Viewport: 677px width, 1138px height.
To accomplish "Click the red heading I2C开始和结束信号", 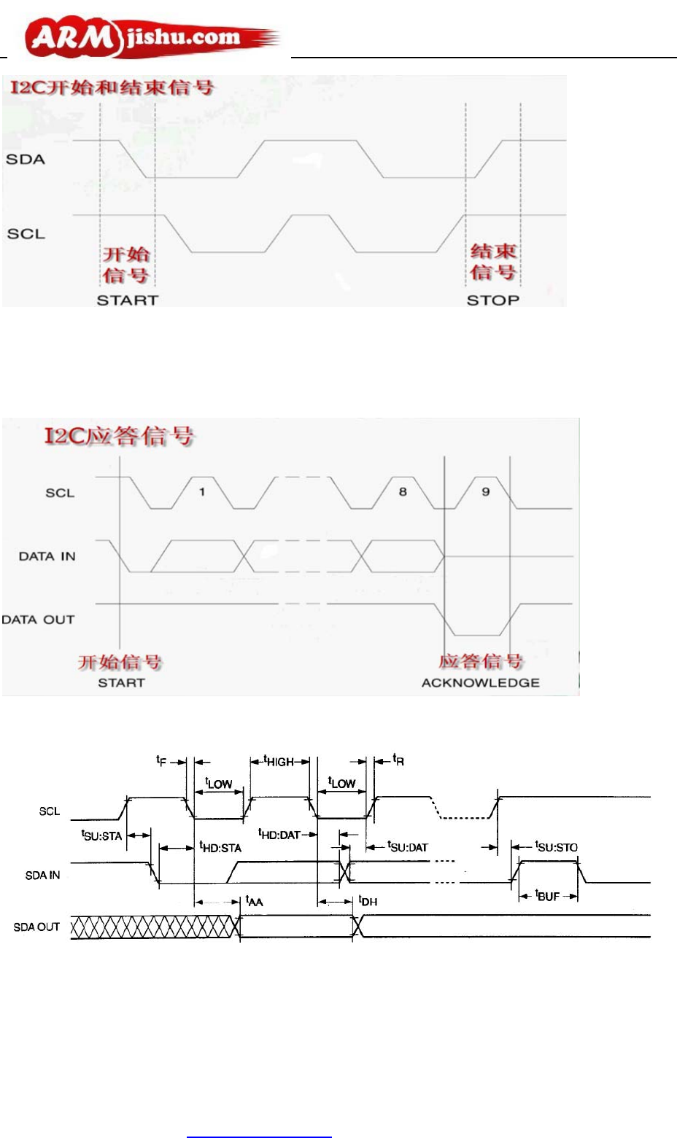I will point(112,87).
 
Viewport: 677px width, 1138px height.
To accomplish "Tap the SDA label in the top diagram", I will point(26,159).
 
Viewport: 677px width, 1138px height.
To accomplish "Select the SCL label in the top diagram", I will point(26,234).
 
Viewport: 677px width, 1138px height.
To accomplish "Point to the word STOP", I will point(493,300).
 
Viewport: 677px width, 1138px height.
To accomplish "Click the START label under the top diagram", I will point(128,300).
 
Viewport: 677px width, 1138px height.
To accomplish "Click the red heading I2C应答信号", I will point(119,436).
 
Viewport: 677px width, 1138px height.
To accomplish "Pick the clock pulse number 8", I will point(403,492).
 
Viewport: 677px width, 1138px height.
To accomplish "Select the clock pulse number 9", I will point(486,492).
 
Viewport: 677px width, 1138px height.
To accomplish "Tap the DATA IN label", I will point(47,556).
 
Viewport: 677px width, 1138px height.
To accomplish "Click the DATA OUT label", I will point(39,620).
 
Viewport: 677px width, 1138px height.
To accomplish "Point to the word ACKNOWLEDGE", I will point(481,683).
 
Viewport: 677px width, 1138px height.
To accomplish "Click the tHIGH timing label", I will point(279,762).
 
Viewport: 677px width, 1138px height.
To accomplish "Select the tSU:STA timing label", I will point(101,835).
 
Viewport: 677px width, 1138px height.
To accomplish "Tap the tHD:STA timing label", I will point(220,847).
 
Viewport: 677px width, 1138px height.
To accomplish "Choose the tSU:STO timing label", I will point(556,846).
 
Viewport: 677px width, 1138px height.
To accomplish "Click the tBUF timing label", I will point(547,895).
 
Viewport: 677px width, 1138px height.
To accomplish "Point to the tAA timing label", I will point(254,901).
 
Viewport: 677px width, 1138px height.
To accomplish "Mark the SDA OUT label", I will point(36,927).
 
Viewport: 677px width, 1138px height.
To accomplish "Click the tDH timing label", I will point(368,901).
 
